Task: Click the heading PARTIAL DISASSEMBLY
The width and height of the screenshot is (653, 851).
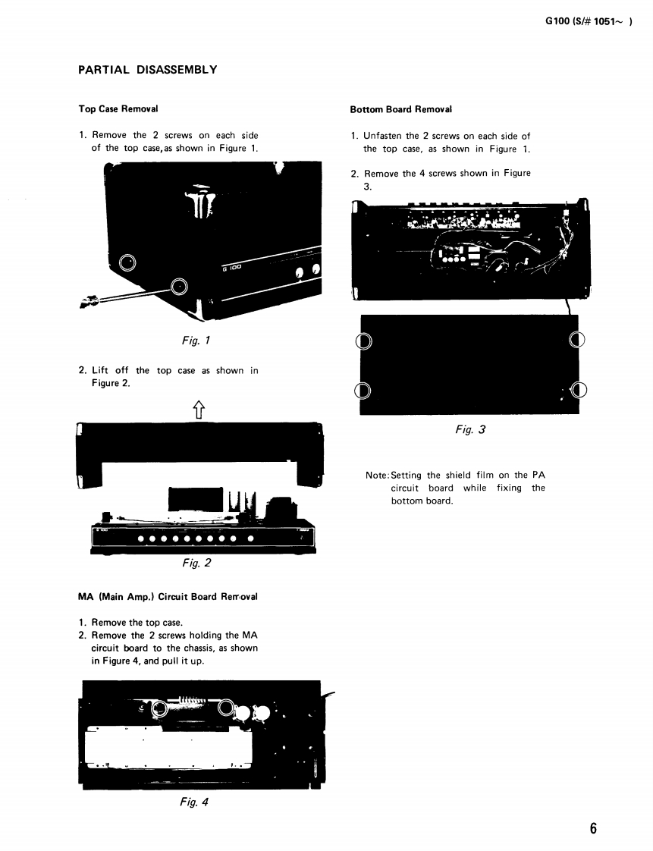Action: (148, 70)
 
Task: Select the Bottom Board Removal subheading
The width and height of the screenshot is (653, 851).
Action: (400, 109)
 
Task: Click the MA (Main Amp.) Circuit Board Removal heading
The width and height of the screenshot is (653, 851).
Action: (168, 596)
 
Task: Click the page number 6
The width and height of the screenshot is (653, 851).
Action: (593, 827)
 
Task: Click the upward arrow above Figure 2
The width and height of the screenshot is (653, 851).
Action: (199, 410)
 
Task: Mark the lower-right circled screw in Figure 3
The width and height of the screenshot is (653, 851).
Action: (579, 391)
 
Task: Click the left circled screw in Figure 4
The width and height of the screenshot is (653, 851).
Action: (159, 708)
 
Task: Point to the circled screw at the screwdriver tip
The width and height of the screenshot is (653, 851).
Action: (179, 286)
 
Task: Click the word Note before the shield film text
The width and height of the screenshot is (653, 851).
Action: (376, 475)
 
